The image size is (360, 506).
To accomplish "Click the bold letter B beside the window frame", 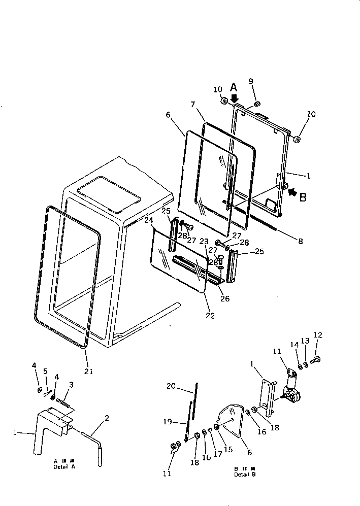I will coord(303,197).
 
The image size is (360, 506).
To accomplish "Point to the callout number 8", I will coord(300,242).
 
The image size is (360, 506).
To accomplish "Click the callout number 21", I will coord(89,371).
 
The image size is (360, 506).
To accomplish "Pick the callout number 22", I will coord(210,316).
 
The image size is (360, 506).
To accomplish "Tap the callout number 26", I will coord(225,298).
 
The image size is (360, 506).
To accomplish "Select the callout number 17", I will coord(218,454).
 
